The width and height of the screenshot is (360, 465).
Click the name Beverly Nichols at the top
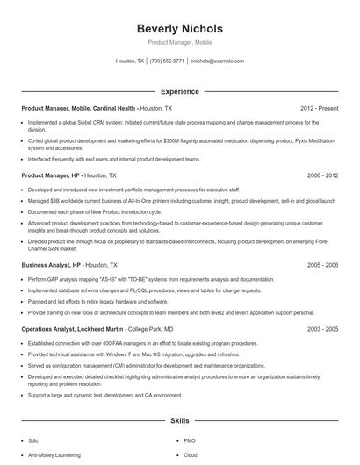coord(180,28)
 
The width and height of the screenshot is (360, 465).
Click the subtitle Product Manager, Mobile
coord(180,42)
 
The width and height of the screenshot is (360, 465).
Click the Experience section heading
coord(180,91)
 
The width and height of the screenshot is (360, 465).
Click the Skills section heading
coord(180,420)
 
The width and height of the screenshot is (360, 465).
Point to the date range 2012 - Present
coord(320,108)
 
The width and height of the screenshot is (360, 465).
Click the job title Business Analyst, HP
coord(52,264)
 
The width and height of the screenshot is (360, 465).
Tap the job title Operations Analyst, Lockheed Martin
coord(73,328)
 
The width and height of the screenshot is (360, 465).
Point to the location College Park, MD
coord(153,328)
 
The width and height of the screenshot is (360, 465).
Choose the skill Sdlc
coord(35,440)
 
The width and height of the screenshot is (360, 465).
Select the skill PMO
coord(190,440)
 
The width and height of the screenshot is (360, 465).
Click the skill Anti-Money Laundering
coord(54,455)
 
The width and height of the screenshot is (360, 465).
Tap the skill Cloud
coord(191,455)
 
